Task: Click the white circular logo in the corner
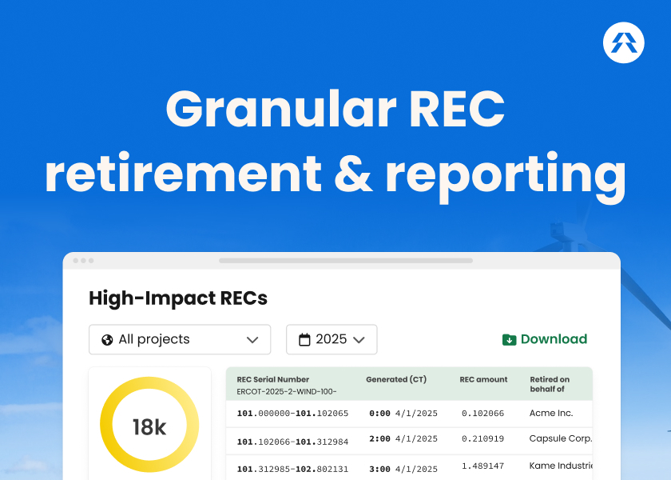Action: point(624,42)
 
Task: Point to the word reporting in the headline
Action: point(505,174)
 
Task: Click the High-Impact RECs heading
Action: point(178,298)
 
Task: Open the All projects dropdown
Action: point(180,339)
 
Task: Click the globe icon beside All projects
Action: point(107,340)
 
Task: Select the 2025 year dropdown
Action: point(332,339)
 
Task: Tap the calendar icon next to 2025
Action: point(304,340)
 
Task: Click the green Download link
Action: point(553,339)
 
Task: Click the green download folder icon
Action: point(510,340)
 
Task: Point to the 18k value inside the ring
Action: point(149,427)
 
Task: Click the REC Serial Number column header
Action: point(273,379)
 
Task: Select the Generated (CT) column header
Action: point(396,379)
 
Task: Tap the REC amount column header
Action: point(483,379)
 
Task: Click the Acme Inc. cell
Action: point(552,413)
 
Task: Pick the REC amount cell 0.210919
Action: point(482,438)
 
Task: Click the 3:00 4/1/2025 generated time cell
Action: point(403,469)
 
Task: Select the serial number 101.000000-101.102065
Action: point(292,414)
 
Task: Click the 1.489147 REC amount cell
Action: point(482,466)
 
